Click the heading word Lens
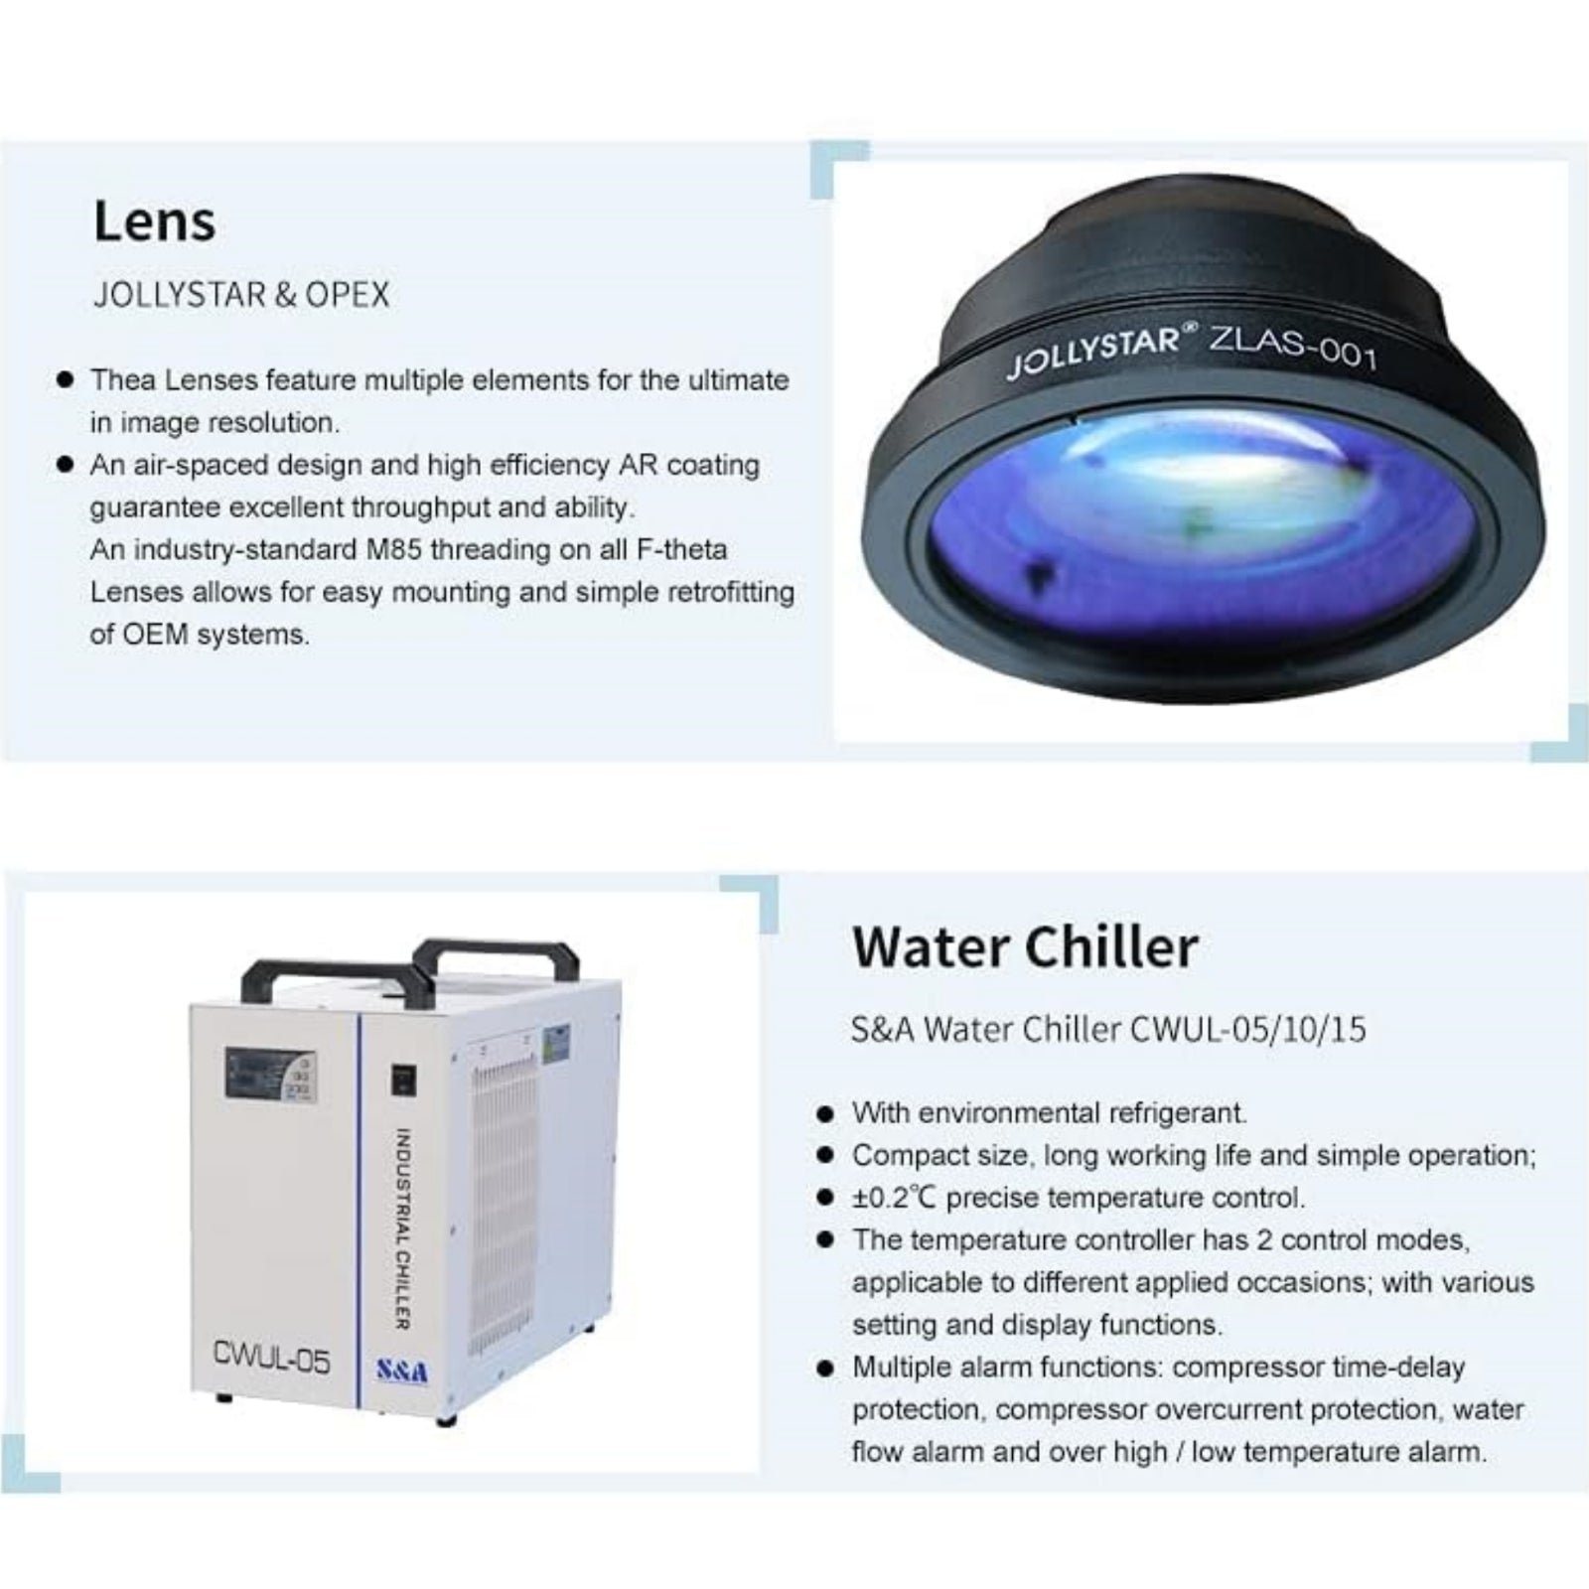pyautogui.click(x=154, y=220)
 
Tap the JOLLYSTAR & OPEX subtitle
pyautogui.click(x=241, y=295)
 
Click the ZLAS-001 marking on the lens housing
pyautogui.click(x=1292, y=347)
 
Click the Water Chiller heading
pyautogui.click(x=1025, y=947)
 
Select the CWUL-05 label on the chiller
pyautogui.click(x=271, y=1357)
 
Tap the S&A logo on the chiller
pyautogui.click(x=402, y=1372)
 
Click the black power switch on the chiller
pyautogui.click(x=402, y=1080)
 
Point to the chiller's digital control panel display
pyautogui.click(x=270, y=1075)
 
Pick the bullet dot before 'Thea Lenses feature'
pyautogui.click(x=66, y=379)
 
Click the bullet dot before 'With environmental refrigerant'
pyautogui.click(x=823, y=1113)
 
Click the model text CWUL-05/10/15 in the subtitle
pyautogui.click(x=1248, y=1029)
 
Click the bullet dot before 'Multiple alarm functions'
pyautogui.click(x=823, y=1368)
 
